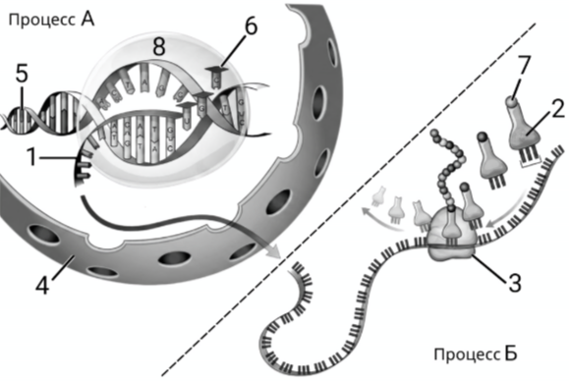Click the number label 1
coord(32,158)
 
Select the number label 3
coord(514,283)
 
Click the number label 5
coord(22,74)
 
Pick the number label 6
coord(251,27)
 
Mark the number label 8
coord(159,46)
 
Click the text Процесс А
coord(51,20)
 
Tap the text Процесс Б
coord(476,354)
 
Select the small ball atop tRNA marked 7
coord(512,102)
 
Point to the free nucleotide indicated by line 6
coord(215,77)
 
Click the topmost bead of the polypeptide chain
coord(434,134)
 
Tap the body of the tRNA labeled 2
coord(524,133)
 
